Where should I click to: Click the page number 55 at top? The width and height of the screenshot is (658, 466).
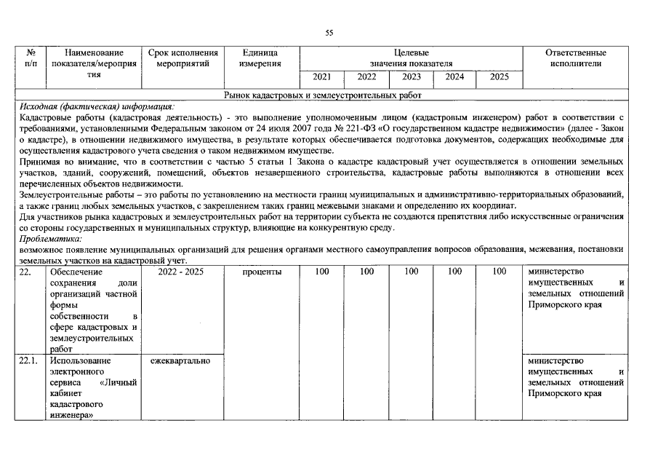329,33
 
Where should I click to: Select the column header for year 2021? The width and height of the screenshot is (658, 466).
321,77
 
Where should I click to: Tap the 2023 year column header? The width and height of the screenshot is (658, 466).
411,77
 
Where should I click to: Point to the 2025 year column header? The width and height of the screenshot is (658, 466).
499,77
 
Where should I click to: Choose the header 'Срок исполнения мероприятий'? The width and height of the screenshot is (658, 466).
182,58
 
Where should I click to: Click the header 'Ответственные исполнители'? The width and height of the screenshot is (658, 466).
575,58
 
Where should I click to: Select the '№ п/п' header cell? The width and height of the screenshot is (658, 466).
31,58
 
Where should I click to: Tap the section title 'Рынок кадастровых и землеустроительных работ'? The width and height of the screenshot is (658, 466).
323,95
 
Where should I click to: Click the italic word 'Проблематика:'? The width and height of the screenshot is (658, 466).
51,238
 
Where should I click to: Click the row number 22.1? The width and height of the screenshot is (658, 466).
30,361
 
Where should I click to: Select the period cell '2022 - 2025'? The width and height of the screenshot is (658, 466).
182,272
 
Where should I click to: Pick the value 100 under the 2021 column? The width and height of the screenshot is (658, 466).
321,272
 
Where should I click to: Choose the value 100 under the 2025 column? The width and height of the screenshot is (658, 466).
499,272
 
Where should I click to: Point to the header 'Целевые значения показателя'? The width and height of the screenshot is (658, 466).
411,58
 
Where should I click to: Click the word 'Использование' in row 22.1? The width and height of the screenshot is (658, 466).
80,361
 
